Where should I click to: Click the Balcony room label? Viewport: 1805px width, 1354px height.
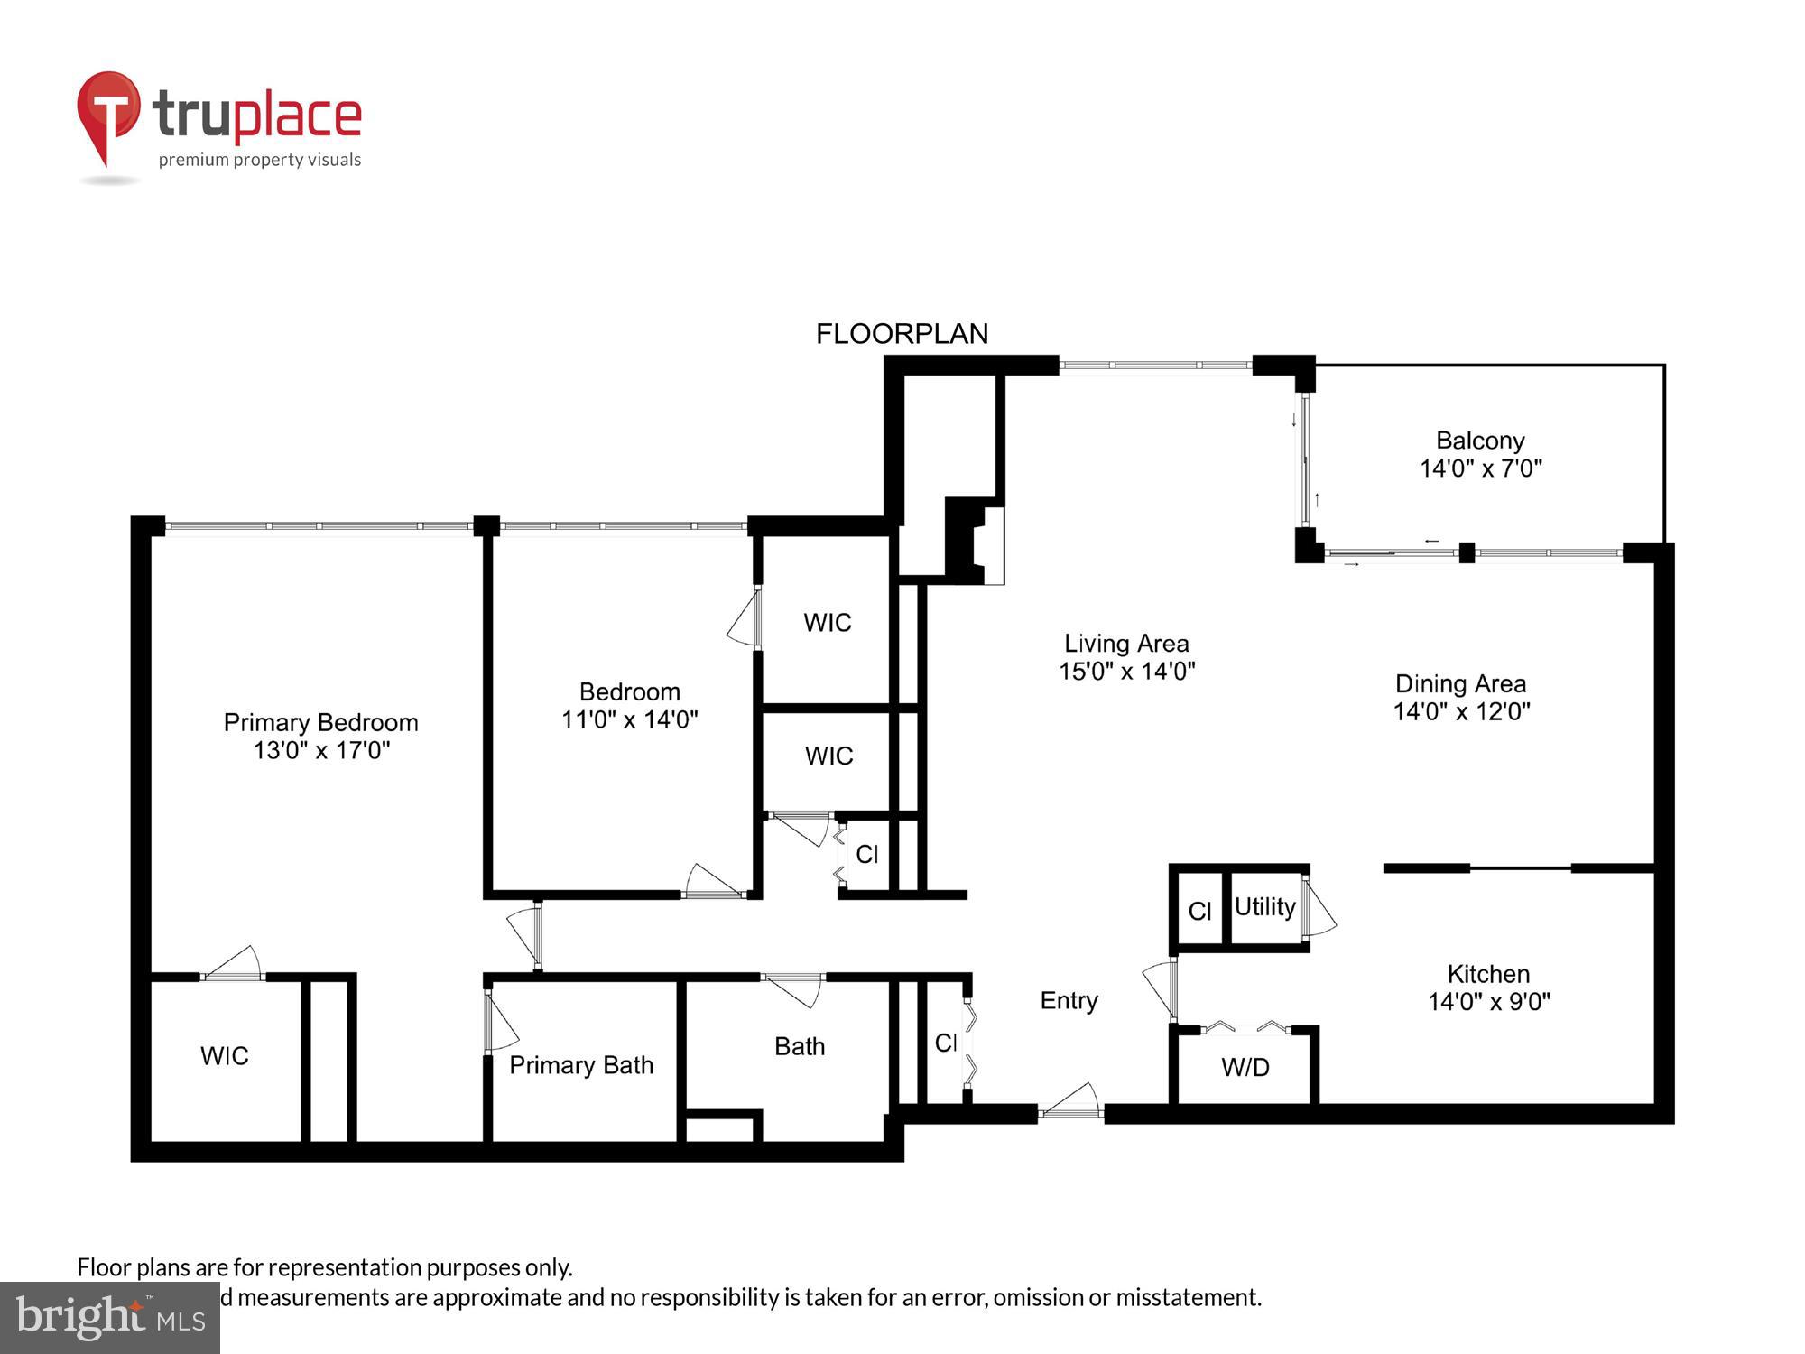pyautogui.click(x=1480, y=441)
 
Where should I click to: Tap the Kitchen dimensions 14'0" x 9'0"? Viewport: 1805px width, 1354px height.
pyautogui.click(x=1489, y=1001)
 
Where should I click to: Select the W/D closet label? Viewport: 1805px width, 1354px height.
pyautogui.click(x=1245, y=1067)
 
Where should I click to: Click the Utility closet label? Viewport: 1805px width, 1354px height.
pyautogui.click(x=1264, y=906)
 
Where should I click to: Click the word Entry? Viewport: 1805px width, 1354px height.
pyautogui.click(x=1069, y=1000)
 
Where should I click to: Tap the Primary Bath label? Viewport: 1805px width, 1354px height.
pyautogui.click(x=581, y=1065)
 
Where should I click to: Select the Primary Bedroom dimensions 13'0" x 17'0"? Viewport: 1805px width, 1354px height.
pyautogui.click(x=321, y=750)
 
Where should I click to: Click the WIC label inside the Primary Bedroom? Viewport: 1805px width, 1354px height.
pyautogui.click(x=224, y=1055)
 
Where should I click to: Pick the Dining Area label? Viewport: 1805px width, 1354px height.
pyautogui.click(x=1460, y=683)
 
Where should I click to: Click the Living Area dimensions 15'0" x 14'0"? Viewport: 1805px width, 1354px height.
pyautogui.click(x=1126, y=671)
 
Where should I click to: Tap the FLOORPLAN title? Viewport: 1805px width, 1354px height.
pyautogui.click(x=902, y=334)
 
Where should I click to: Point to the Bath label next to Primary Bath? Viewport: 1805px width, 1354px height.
pyautogui.click(x=800, y=1046)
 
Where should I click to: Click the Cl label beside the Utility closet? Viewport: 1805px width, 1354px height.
pyautogui.click(x=1199, y=911)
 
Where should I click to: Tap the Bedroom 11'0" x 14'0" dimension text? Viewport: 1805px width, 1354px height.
pyautogui.click(x=629, y=719)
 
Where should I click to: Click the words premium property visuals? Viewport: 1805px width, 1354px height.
pyautogui.click(x=260, y=160)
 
